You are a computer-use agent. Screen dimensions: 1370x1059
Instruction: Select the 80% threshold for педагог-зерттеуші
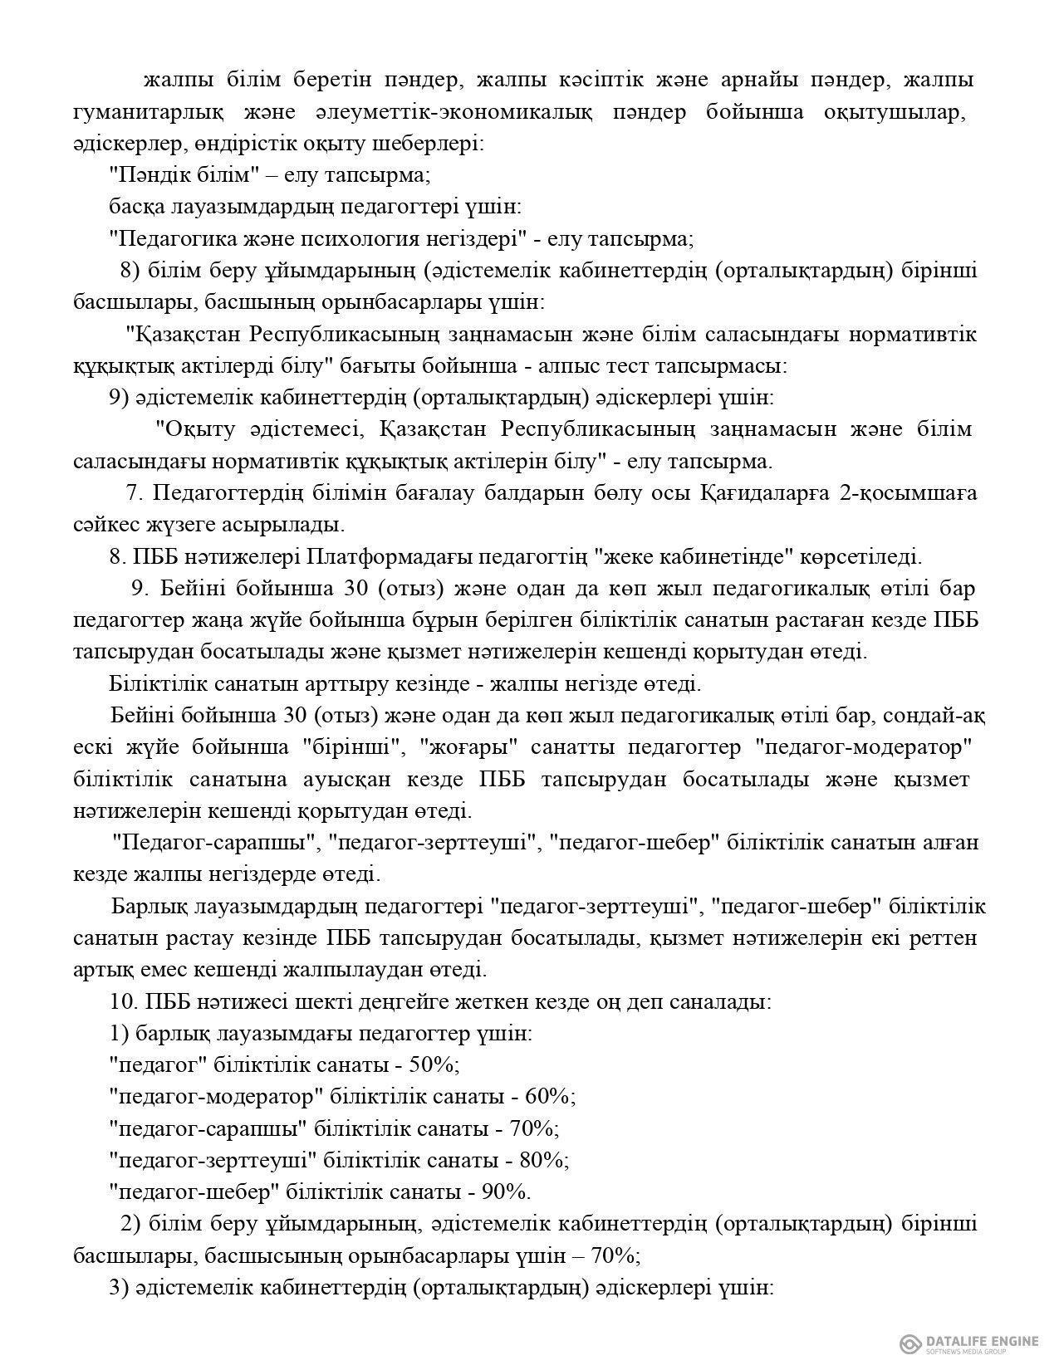tap(544, 1160)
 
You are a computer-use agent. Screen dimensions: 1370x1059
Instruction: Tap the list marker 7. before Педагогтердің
tap(136, 493)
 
